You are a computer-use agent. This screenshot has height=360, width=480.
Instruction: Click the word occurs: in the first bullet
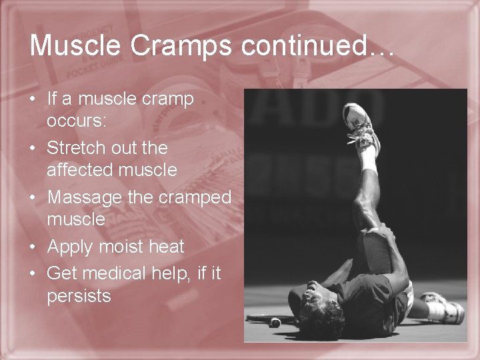click(x=73, y=122)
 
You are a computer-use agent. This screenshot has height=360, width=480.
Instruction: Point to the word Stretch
click(x=74, y=147)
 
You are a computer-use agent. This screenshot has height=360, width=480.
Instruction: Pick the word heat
click(x=167, y=247)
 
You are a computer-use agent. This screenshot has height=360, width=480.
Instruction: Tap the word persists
click(x=79, y=296)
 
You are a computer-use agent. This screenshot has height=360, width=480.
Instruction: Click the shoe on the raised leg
click(x=358, y=120)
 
